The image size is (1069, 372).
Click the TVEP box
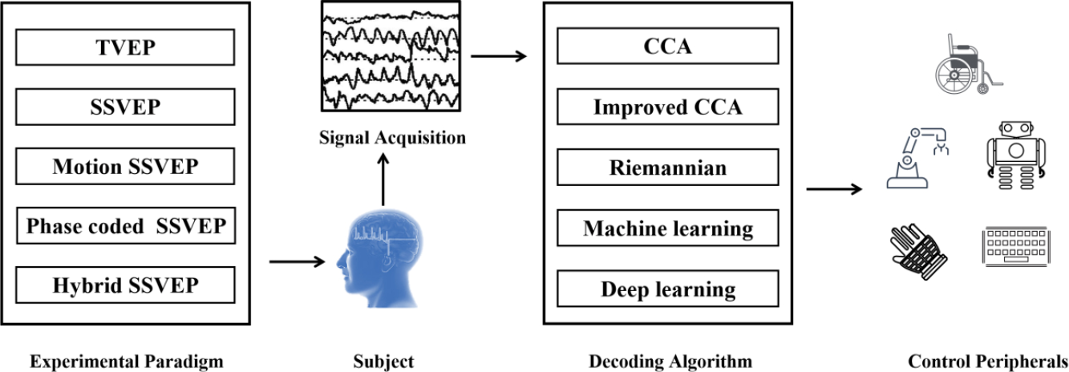pyautogui.click(x=125, y=47)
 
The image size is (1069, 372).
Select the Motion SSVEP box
pyautogui.click(x=125, y=166)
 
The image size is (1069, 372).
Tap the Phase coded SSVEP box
pyautogui.click(x=126, y=225)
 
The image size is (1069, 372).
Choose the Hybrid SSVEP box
pyautogui.click(x=125, y=285)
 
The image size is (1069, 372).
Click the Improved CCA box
pyautogui.click(x=668, y=107)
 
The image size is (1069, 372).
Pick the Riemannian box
pyautogui.click(x=668, y=168)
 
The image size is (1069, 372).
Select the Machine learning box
pyautogui.click(x=668, y=228)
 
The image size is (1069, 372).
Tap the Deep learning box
pyautogui.click(x=668, y=289)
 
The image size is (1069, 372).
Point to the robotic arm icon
pyautogui.click(x=917, y=158)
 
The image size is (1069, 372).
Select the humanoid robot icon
pyautogui.click(x=1015, y=156)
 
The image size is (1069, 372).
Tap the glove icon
pyautogui.click(x=919, y=251)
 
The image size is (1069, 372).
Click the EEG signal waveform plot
pyautogui.click(x=391, y=56)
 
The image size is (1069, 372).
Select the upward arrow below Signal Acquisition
pyautogui.click(x=383, y=180)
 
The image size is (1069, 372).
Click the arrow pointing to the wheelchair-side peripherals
pyautogui.click(x=834, y=189)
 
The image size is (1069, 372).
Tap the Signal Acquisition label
pyautogui.click(x=392, y=137)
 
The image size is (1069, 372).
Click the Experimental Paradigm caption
pyautogui.click(x=127, y=362)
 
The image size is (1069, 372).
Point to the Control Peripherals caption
pyautogui.click(x=988, y=361)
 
